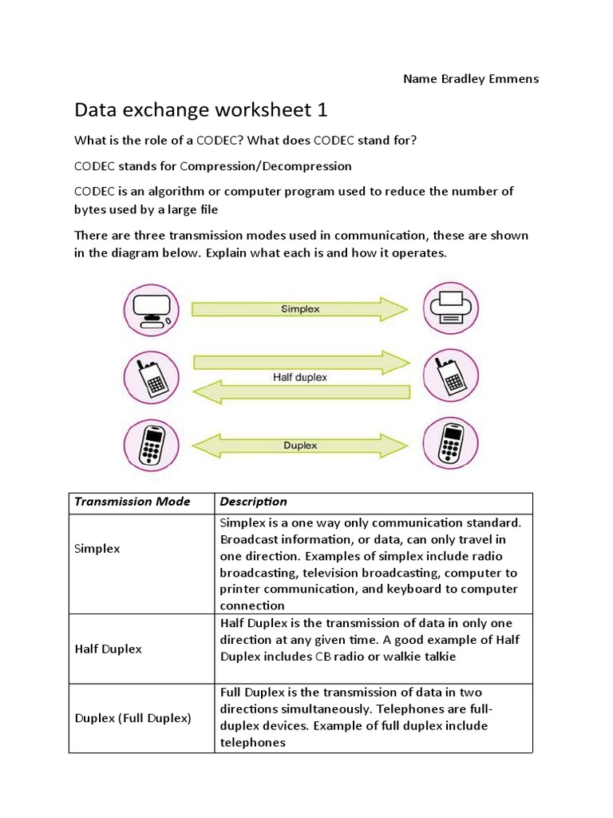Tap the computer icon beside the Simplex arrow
tap(150, 308)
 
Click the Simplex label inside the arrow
tap(300, 308)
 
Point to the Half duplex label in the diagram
tap(300, 376)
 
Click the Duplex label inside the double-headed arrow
tap(300, 445)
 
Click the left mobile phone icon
tap(150, 444)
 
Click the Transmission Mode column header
tap(132, 502)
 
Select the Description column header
tap(253, 502)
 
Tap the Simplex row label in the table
tap(97, 550)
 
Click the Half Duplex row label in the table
tap(108, 649)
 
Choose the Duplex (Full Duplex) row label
tap(132, 717)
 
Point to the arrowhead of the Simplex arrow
tap(394, 308)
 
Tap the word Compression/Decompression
tap(266, 166)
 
